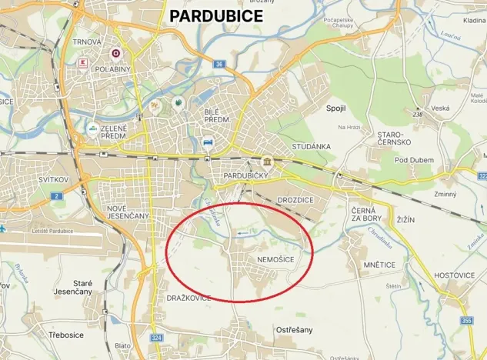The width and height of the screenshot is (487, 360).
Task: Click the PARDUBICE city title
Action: pyautogui.click(x=215, y=15)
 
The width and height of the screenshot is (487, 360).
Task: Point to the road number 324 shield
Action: pyautogui.click(x=157, y=338)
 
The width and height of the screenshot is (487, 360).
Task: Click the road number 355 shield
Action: pyautogui.click(x=465, y=320)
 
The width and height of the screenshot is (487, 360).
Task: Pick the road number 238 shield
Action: pyautogui.click(x=419, y=115)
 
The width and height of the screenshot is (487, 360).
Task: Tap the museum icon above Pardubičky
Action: pyautogui.click(x=267, y=162)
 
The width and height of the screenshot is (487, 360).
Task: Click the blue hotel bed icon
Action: pyautogui.click(x=208, y=142)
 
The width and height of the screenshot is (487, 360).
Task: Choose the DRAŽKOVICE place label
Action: pyautogui.click(x=188, y=298)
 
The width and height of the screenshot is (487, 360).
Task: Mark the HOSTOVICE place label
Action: pyautogui.click(x=455, y=274)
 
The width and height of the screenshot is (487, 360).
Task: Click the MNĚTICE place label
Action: pyautogui.click(x=375, y=265)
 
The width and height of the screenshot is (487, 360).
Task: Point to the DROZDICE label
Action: pyautogui.click(x=295, y=199)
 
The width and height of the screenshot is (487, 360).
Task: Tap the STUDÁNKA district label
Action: pyautogui.click(x=311, y=146)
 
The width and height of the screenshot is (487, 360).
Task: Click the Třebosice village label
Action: pyautogui.click(x=67, y=335)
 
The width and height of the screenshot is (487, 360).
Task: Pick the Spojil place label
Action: pyautogui.click(x=337, y=108)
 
